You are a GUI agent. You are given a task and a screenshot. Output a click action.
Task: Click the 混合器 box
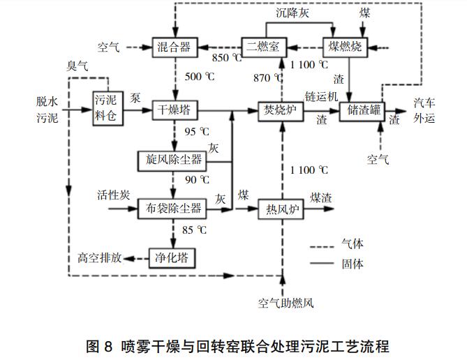[175, 47]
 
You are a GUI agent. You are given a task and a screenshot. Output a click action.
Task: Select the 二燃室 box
[263, 47]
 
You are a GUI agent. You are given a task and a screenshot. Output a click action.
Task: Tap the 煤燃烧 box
[344, 47]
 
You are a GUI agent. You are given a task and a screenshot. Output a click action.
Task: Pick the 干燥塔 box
[175, 110]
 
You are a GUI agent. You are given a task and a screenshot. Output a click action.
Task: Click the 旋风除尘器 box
[173, 160]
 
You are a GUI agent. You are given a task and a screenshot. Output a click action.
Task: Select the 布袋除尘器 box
[173, 208]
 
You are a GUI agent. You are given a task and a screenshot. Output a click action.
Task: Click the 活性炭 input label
[113, 195]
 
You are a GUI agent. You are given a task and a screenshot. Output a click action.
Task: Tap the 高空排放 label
[101, 258]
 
